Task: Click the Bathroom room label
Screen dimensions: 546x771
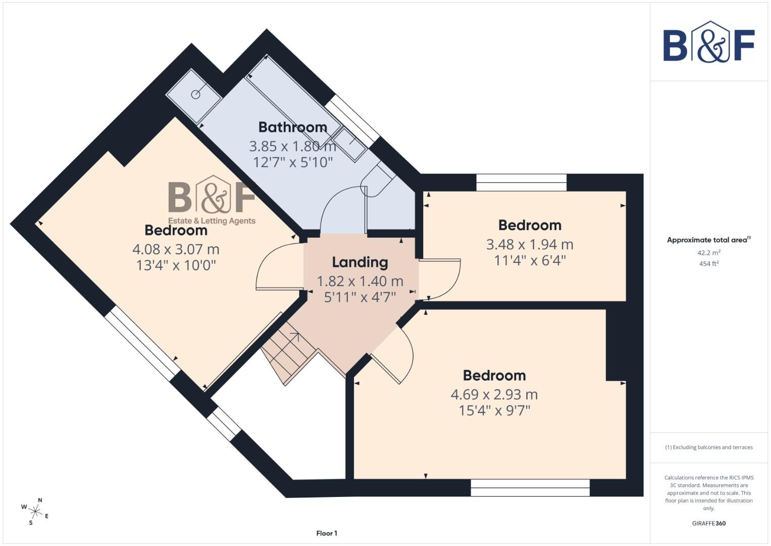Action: pos(292,127)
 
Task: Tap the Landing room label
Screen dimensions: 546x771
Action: pos(359,262)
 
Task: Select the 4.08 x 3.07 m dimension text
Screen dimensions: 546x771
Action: pos(176,249)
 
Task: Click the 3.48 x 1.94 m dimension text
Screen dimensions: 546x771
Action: pos(529,245)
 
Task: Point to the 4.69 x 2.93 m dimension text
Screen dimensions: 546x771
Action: pos(494,394)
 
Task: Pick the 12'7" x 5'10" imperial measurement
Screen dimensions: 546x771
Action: pos(292,162)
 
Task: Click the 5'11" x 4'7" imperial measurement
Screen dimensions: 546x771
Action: pos(359,297)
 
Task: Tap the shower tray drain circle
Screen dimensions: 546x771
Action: pos(196,95)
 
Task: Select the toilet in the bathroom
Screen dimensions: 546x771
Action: pos(378,180)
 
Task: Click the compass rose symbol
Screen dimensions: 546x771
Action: pos(35,511)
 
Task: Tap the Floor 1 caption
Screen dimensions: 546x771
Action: pos(327,533)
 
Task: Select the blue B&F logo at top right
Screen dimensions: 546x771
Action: pos(708,42)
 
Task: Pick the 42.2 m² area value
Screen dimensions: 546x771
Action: pos(708,253)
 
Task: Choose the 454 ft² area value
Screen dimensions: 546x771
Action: pos(708,263)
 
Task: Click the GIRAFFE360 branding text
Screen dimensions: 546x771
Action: pos(708,523)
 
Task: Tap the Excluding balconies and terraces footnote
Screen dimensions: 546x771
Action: pos(708,447)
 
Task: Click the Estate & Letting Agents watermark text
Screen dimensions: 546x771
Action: pos(212,221)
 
